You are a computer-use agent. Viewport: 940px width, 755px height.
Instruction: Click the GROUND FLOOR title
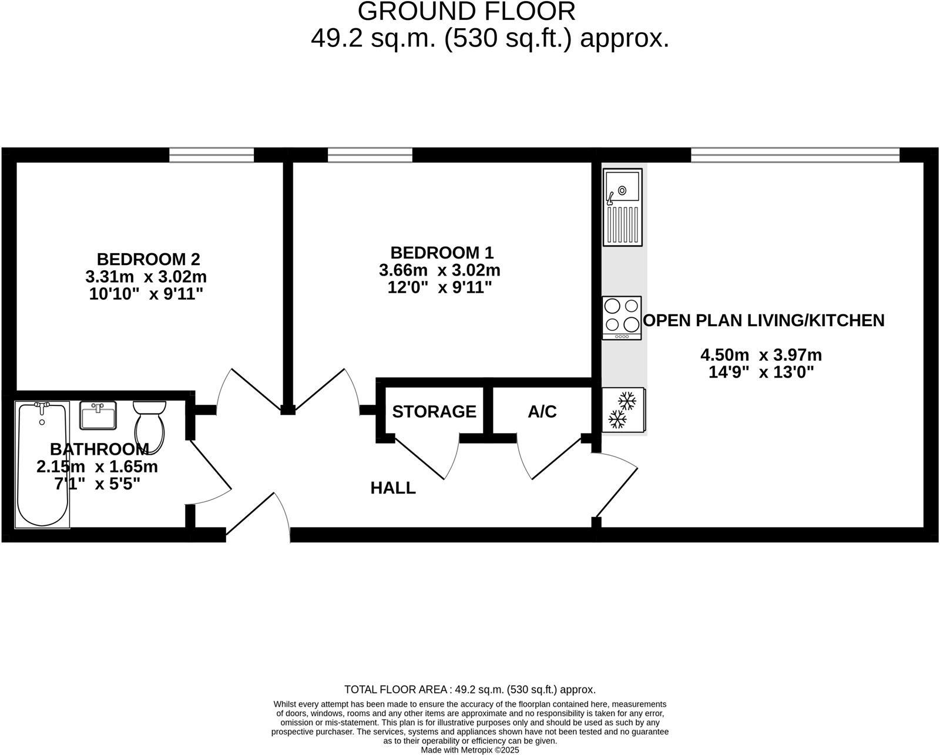466,11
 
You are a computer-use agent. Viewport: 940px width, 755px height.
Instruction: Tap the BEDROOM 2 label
148,259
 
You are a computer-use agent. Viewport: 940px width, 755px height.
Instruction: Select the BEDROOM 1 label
442,253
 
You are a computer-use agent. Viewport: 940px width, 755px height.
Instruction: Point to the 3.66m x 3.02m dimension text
439,270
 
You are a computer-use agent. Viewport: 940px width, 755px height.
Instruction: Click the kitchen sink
622,207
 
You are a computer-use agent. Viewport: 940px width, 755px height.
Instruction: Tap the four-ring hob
622,318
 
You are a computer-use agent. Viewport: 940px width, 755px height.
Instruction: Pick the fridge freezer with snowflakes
624,410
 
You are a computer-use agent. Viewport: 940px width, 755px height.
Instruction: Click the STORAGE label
434,412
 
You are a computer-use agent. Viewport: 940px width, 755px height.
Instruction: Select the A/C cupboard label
542,412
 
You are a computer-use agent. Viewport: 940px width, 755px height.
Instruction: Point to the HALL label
392,488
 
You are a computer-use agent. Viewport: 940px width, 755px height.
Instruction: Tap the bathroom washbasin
98,415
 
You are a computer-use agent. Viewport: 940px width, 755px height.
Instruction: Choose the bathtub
42,464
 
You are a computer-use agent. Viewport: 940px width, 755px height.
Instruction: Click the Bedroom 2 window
211,155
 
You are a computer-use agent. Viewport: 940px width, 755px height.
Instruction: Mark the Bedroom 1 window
370,155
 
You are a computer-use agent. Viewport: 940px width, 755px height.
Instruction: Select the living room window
795,155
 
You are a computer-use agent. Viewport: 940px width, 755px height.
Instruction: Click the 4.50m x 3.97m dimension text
761,355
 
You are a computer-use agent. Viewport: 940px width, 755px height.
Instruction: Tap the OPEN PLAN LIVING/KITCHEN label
764,320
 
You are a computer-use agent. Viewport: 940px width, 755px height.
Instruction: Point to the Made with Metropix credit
470,750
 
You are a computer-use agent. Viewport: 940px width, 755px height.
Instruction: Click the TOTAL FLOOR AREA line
470,689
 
